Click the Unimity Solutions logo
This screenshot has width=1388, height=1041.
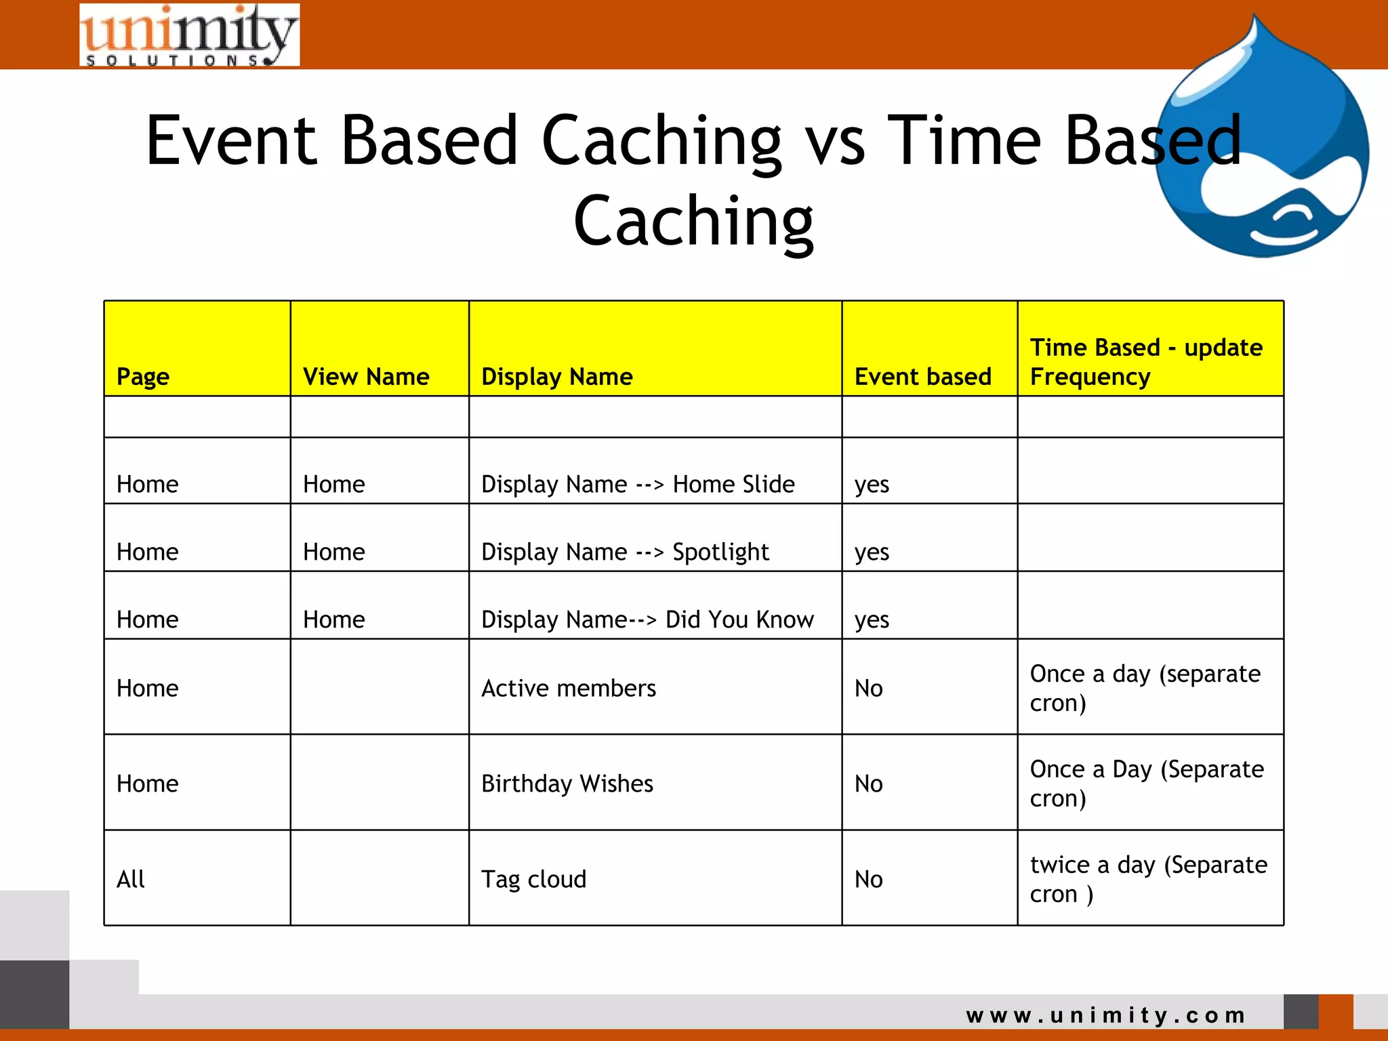[x=189, y=35]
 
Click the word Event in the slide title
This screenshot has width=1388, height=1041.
[x=231, y=140]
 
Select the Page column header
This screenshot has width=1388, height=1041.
[x=143, y=376]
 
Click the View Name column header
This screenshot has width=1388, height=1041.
[x=366, y=376]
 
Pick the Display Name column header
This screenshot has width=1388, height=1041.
[x=556, y=376]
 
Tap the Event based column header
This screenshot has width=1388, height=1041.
[x=922, y=376]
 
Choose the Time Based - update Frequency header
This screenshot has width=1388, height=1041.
[x=1145, y=362]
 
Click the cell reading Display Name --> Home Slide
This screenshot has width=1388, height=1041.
[x=638, y=484]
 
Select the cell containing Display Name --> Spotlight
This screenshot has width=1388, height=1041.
[x=625, y=552]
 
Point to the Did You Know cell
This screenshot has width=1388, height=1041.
[x=647, y=619]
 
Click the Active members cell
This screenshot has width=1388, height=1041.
[x=569, y=688]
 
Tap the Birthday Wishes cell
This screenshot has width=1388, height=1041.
[x=567, y=783]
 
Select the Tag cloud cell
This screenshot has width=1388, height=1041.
[x=533, y=879]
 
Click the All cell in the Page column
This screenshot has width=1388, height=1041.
[x=131, y=879]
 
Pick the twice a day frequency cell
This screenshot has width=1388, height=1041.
[x=1147, y=879]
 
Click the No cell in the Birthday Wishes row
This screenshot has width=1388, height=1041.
[x=869, y=783]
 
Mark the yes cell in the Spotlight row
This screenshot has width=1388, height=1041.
[x=872, y=552]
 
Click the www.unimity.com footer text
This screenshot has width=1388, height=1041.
[x=1106, y=1015]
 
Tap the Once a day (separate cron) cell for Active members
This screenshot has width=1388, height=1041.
[x=1145, y=688]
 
